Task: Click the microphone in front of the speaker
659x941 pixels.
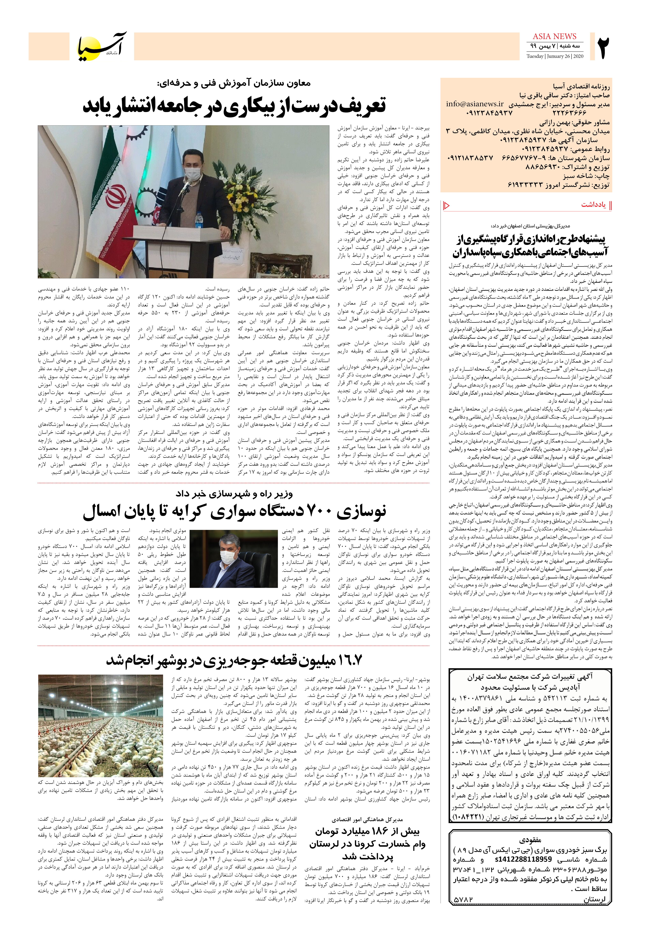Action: (x=185, y=188)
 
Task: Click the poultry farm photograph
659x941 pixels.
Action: (x=101, y=725)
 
